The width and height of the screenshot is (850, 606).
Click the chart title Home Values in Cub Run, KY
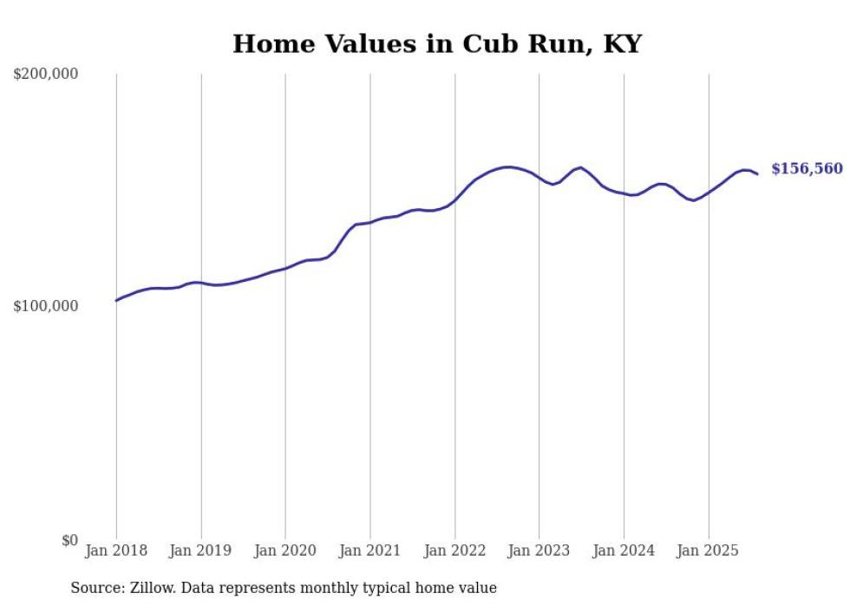point(436,44)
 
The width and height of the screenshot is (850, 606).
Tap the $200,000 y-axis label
point(46,75)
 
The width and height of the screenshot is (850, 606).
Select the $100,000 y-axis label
point(46,306)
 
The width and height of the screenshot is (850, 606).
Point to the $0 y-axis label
point(69,540)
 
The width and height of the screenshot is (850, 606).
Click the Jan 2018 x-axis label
point(116,551)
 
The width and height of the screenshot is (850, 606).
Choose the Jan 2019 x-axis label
point(201,551)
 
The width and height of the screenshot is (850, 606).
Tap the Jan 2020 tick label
point(285,551)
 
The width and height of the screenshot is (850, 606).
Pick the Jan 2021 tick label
point(370,551)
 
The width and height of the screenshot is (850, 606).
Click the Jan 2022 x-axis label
point(454,551)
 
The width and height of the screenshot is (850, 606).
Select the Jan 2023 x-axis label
point(539,551)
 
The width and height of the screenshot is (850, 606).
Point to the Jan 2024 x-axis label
point(624,551)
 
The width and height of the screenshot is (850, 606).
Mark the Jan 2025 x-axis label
point(709,551)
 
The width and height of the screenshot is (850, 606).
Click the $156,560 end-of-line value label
point(807,169)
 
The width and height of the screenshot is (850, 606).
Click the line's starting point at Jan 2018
point(116,300)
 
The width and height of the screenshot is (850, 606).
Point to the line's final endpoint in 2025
point(757,174)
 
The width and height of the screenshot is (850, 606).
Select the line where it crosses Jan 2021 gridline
point(370,222)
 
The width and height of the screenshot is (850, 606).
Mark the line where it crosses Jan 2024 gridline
point(624,193)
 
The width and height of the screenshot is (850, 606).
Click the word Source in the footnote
point(95,589)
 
